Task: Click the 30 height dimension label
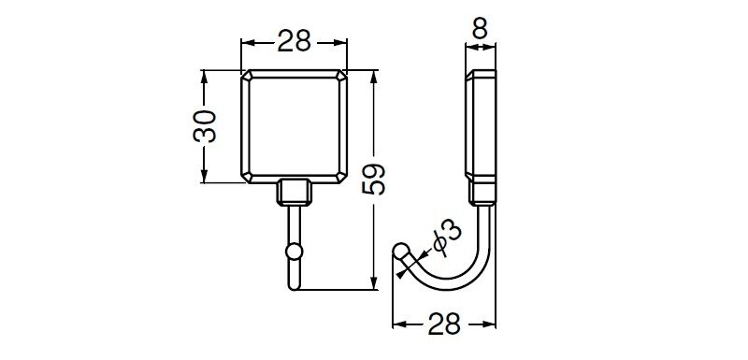205,126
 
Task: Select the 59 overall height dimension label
373,179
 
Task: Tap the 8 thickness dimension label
480,30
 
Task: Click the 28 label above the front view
295,41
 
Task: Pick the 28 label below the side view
444,324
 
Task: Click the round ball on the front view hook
295,252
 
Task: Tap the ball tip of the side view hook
401,251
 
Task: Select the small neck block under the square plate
295,193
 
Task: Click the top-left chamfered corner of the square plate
246,76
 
